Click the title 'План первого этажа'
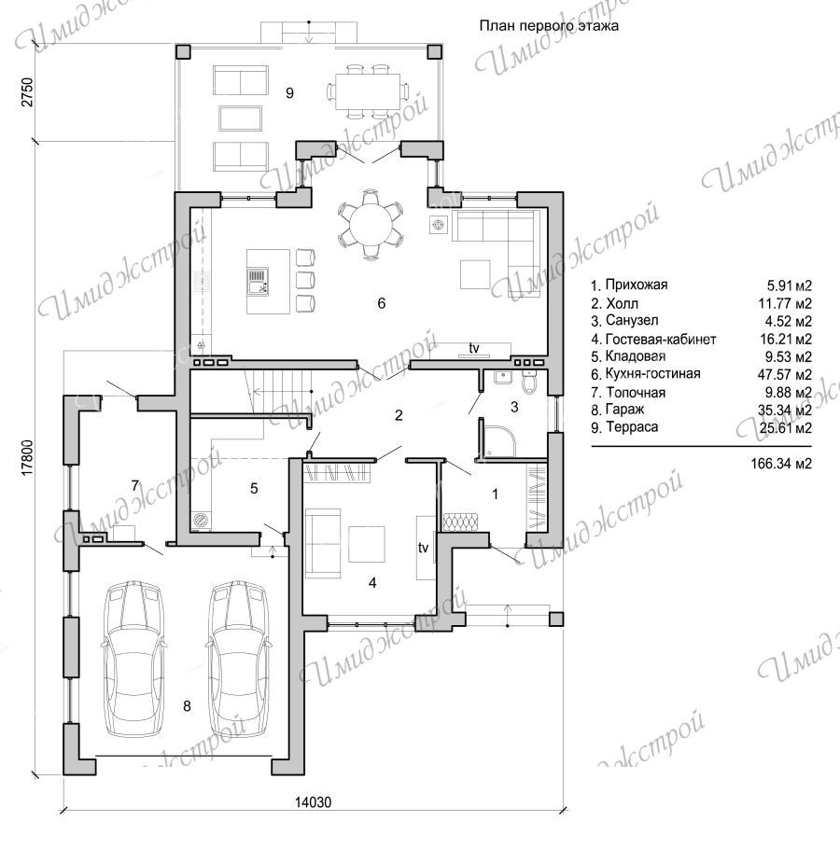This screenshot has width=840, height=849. [x=549, y=25]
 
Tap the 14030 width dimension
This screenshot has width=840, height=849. [x=313, y=802]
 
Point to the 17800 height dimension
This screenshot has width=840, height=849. [x=27, y=458]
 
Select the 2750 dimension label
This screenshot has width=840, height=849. [x=27, y=92]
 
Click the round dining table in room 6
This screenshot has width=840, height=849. [x=371, y=224]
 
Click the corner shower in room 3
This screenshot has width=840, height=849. [x=497, y=438]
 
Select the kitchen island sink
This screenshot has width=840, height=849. [x=258, y=282]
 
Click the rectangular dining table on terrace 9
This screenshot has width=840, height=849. [x=368, y=91]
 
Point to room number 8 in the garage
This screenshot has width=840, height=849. [x=187, y=706]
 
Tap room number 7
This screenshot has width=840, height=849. [x=135, y=486]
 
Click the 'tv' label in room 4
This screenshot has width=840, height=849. [x=423, y=548]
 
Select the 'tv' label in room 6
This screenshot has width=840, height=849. [x=474, y=348]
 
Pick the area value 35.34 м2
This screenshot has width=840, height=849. [x=785, y=410]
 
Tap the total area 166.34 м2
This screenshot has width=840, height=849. [x=781, y=464]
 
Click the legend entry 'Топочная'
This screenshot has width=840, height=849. [x=636, y=392]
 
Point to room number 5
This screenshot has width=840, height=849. [x=254, y=488]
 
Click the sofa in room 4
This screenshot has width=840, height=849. [x=323, y=543]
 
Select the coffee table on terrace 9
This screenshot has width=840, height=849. [x=241, y=118]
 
